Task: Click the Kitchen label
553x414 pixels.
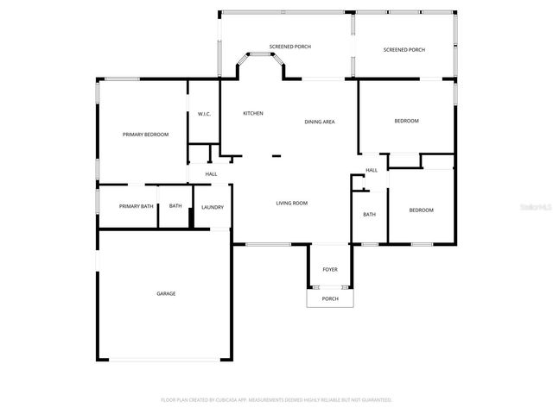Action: tap(253, 114)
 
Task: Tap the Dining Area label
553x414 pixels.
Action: tap(320, 122)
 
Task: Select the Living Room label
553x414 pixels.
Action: tap(292, 203)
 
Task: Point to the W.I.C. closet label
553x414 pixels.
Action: tap(204, 114)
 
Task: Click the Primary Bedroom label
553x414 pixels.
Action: tap(145, 135)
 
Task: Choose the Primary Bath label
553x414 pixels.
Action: tap(136, 206)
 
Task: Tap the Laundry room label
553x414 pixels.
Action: tap(213, 207)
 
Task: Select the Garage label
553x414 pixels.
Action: tap(166, 293)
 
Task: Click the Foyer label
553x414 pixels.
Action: tap(330, 270)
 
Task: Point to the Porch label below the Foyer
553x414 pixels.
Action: tap(330, 299)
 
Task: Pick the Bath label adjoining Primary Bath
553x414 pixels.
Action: tap(175, 206)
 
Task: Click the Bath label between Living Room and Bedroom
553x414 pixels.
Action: tap(369, 215)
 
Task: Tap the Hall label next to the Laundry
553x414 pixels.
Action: tap(211, 174)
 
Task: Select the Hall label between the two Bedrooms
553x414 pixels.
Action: tap(372, 170)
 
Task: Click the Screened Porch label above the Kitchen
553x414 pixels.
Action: tap(290, 47)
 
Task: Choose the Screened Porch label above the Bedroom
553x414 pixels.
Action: tap(404, 50)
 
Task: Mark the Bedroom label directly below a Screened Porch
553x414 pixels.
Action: tap(406, 121)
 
